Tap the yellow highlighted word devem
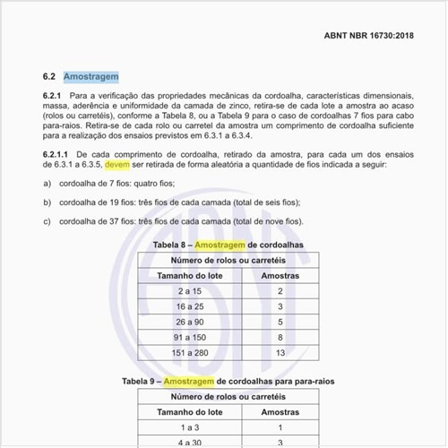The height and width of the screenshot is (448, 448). pyautogui.click(x=117, y=165)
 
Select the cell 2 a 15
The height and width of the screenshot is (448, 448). pyautogui.click(x=189, y=291)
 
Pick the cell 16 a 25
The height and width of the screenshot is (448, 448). pyautogui.click(x=189, y=306)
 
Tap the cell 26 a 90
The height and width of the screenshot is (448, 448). pyautogui.click(x=189, y=322)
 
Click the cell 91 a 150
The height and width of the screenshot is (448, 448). pyautogui.click(x=189, y=337)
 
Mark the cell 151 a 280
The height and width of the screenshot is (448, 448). pyautogui.click(x=189, y=352)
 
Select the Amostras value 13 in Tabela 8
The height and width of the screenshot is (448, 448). pyautogui.click(x=280, y=352)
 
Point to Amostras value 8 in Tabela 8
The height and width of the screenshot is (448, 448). pyautogui.click(x=280, y=337)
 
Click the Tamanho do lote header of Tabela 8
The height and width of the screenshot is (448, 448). pyautogui.click(x=189, y=275)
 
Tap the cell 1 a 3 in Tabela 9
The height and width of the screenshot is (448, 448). pyautogui.click(x=189, y=427)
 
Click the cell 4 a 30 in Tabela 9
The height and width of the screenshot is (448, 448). pyautogui.click(x=189, y=443)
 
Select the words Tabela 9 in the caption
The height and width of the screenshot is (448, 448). pyautogui.click(x=142, y=381)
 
